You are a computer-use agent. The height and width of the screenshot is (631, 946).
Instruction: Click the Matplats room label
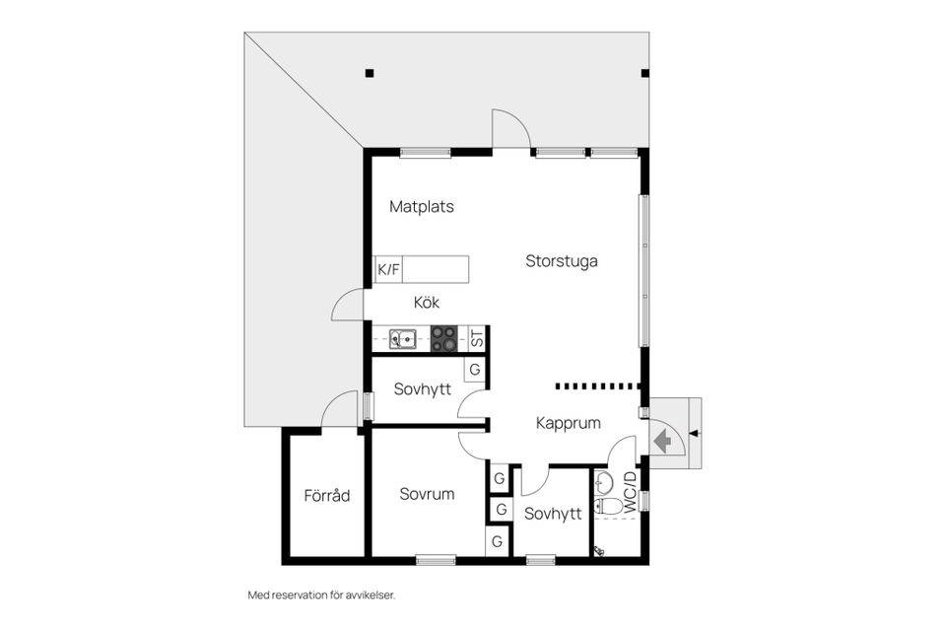[422, 206]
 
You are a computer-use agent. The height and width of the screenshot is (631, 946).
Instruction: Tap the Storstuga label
[562, 261]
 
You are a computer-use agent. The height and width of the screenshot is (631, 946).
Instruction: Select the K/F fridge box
[388, 269]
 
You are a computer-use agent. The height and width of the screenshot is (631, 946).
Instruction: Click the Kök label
[427, 302]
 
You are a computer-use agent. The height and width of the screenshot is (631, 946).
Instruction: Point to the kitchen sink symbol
[402, 339]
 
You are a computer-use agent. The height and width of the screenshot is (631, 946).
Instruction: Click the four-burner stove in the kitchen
[444, 339]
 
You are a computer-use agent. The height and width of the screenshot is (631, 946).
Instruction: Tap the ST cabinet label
[477, 338]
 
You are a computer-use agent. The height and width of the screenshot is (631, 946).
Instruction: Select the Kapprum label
[569, 423]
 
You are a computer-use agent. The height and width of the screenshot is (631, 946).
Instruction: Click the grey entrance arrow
[662, 440]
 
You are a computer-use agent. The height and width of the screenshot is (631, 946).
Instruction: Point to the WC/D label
[630, 492]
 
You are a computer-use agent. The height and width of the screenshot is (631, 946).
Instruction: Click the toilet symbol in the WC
[608, 506]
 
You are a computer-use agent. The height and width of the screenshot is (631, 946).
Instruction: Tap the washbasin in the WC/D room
[603, 482]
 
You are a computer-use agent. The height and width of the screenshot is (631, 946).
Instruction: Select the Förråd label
[327, 496]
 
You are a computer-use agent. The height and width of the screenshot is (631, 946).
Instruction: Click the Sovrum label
[427, 494]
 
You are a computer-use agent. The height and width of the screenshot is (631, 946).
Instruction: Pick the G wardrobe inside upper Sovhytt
[475, 370]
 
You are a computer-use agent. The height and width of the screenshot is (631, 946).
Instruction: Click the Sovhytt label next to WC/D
[553, 514]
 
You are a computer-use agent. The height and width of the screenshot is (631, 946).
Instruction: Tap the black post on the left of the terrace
[370, 73]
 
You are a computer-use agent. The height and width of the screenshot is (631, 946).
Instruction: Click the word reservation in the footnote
[300, 596]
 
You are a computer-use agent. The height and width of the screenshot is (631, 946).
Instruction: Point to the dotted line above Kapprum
[597, 386]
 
